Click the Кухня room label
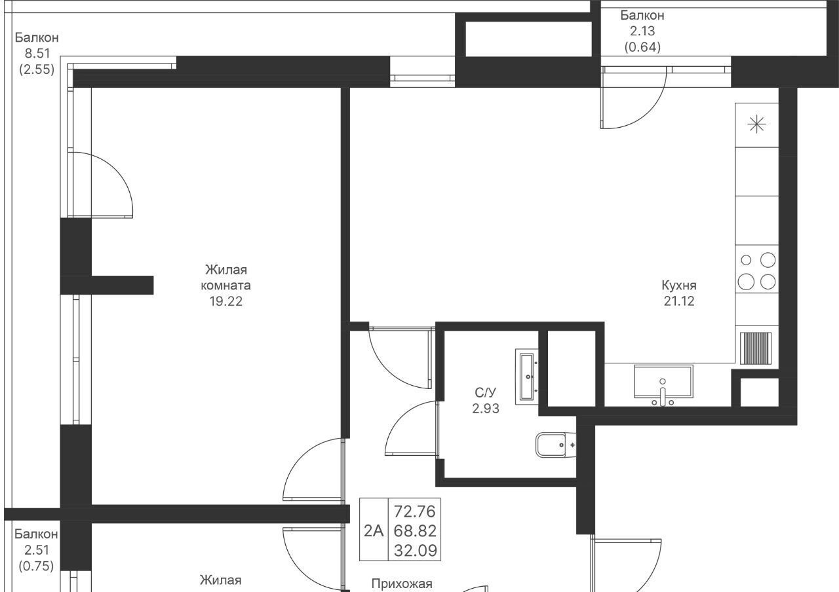pos(679,285)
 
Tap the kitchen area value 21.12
pos(679,301)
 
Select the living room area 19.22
pos(226,301)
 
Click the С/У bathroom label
pos(486,392)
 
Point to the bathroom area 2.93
pos(486,408)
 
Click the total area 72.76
pos(415,511)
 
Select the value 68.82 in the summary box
pos(415,531)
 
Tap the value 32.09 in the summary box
pos(416,551)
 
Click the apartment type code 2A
pos(374,531)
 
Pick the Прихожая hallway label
pos(402,583)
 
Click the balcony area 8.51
pos(37,54)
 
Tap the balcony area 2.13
pos(642,31)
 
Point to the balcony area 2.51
pos(36,549)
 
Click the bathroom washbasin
pos(527,377)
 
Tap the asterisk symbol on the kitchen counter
pos(756,124)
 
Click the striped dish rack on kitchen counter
pos(756,348)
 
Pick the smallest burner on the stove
pos(746,260)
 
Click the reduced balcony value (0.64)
pos(642,47)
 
